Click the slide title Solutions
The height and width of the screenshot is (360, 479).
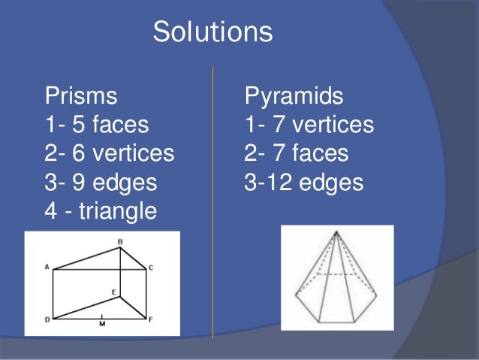212,32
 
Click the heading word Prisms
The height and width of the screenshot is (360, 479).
81,96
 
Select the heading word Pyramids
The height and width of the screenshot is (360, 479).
294,96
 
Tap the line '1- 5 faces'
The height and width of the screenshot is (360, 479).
97,125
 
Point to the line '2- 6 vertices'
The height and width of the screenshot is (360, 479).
109,153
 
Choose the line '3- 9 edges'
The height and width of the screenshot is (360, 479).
100,183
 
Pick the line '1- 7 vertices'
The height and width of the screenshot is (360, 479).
309,125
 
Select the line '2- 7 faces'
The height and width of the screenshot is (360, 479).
296,153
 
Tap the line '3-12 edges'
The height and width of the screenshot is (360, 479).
303,183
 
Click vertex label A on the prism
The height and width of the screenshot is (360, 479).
47,267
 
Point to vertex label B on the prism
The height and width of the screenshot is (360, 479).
119,241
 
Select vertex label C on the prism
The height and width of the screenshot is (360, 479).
151,268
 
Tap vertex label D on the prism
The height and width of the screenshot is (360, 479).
47,319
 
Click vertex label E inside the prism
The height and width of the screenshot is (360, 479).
113,292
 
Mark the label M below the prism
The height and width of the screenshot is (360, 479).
103,324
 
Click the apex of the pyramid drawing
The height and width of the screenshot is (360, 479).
337,232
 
